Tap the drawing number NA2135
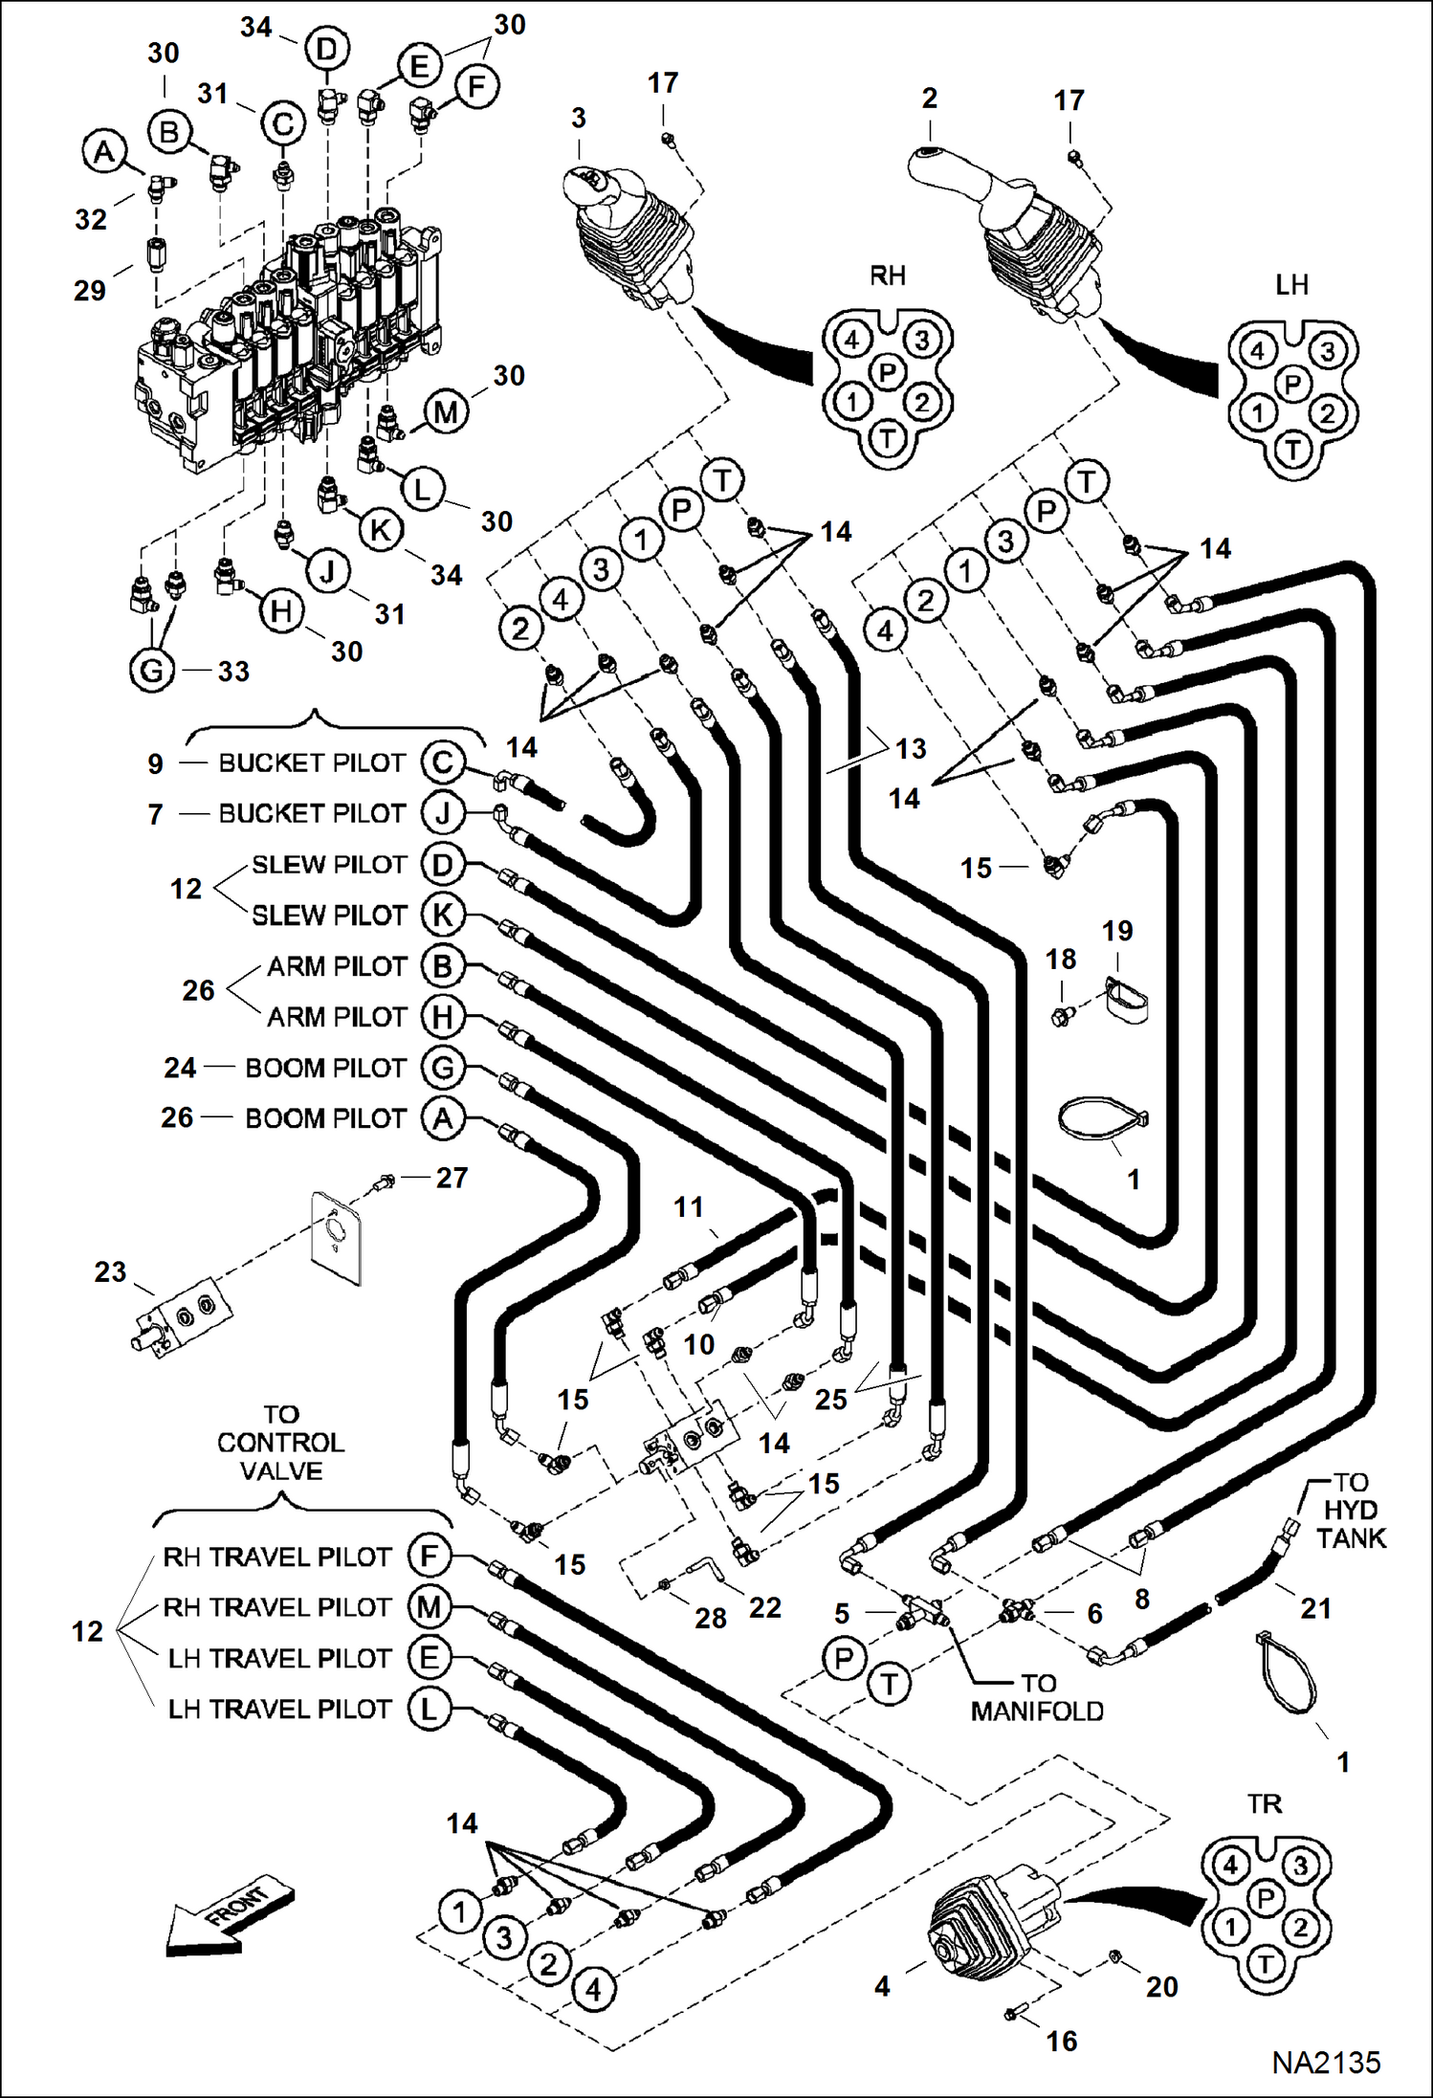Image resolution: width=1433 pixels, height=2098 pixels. coord(1325,2062)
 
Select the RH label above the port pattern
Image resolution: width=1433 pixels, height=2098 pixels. coord(887,276)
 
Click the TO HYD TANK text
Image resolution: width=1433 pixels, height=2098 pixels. coord(1350,1510)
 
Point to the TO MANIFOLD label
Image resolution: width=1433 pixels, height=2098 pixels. coord(1037,1697)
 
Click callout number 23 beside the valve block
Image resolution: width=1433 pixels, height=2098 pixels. coord(110,1271)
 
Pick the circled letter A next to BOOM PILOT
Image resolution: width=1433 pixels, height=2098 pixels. coord(443,1117)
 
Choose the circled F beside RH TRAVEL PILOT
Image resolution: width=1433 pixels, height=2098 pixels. coord(429,1556)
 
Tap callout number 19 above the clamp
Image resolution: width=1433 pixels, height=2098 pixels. coord(1117,931)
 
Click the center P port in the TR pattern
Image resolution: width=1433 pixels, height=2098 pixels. coord(1266,1897)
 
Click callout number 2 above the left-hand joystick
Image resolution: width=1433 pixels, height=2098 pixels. coord(929,98)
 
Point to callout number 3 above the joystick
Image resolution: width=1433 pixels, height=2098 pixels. coord(579,118)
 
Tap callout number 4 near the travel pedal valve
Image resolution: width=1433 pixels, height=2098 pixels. coord(882,1987)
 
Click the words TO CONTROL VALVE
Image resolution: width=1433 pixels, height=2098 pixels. coord(280,1442)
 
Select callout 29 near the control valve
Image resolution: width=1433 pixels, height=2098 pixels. coord(90,290)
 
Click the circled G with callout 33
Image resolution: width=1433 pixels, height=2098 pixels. coord(151,670)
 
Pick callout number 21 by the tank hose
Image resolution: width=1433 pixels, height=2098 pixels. coord(1316,1608)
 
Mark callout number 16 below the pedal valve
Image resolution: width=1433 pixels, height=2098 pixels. coord(1062,2041)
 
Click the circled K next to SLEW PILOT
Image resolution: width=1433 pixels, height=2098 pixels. coord(443,915)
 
